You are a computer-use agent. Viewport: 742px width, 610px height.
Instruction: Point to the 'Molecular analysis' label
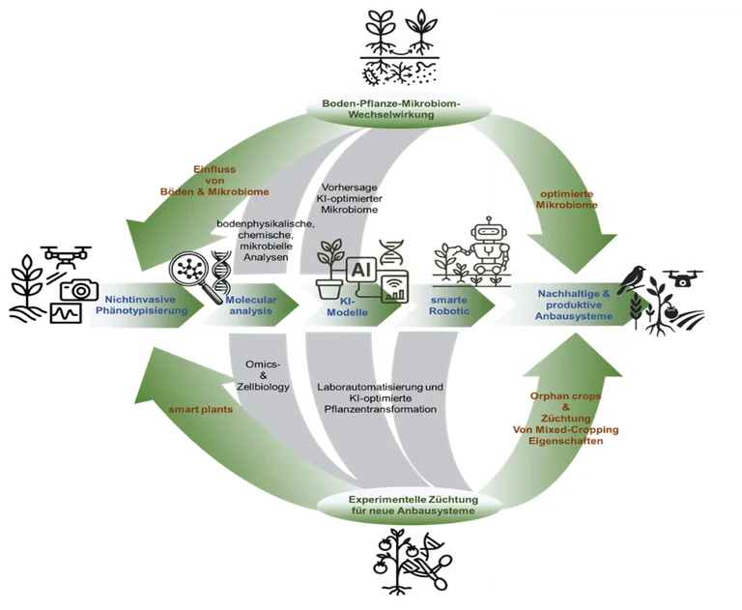pyautogui.click(x=250, y=305)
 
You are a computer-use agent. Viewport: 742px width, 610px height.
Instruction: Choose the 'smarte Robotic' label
pyautogui.click(x=448, y=306)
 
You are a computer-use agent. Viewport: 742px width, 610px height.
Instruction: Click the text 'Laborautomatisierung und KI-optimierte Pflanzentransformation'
pyautogui.click(x=379, y=397)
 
